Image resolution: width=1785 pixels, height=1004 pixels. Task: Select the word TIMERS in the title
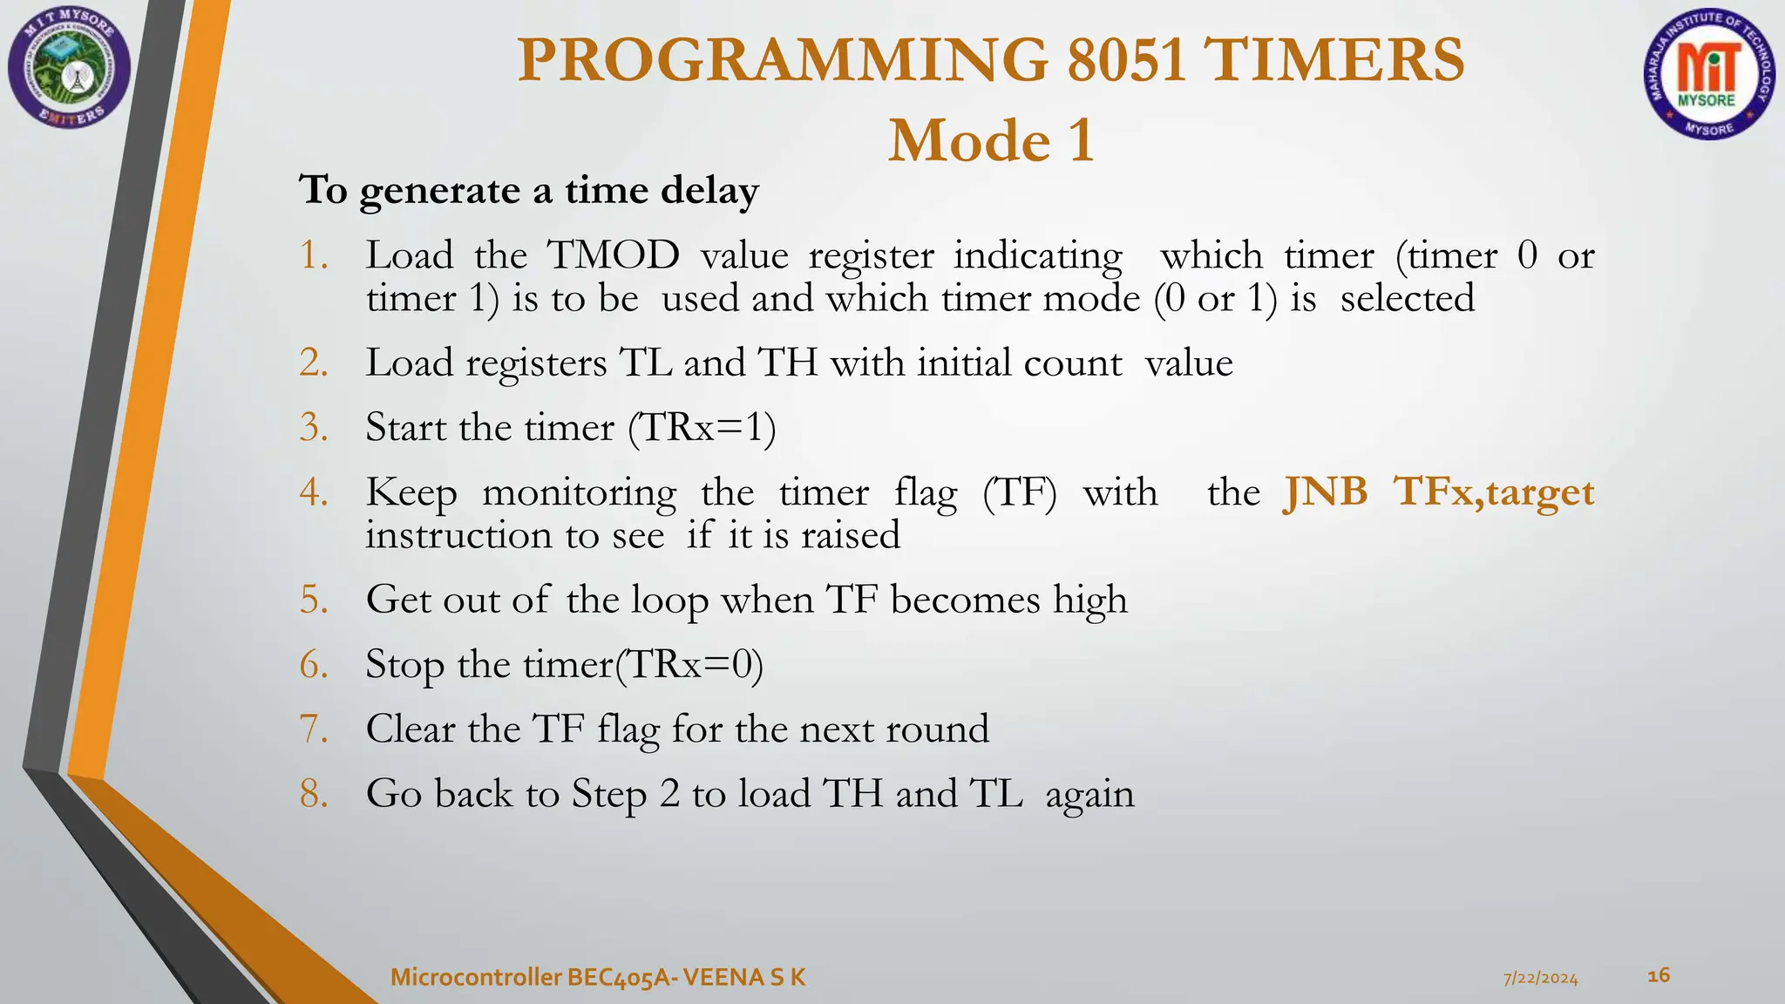[1336, 60]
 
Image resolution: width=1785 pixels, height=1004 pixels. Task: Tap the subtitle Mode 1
[991, 141]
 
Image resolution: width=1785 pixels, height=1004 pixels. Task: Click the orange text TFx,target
[1494, 492]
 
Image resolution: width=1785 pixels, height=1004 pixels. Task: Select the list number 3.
[313, 428]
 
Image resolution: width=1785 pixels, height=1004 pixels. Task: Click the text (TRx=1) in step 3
[702, 428]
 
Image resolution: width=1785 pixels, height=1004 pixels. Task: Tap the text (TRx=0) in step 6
[689, 665]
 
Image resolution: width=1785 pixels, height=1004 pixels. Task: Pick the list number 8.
[313, 794]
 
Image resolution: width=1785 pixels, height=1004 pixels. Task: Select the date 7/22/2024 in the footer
[1540, 979]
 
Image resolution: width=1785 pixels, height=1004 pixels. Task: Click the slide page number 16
[1659, 975]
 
